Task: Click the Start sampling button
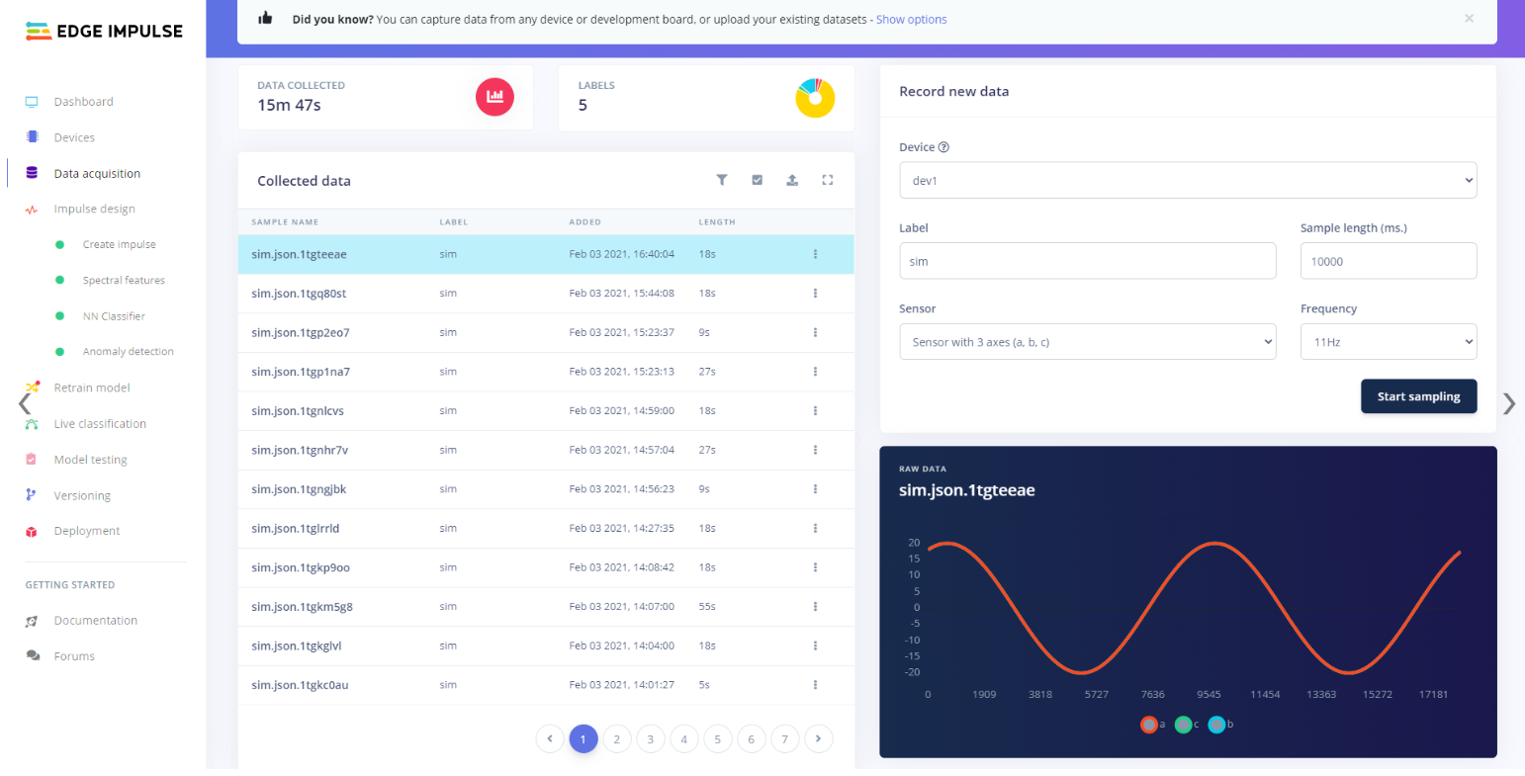(1418, 396)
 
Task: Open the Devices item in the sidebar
(74, 137)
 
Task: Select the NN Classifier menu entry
(114, 316)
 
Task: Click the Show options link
(911, 20)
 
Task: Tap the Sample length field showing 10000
(1388, 261)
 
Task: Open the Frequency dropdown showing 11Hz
(1388, 342)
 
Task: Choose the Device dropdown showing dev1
(1187, 181)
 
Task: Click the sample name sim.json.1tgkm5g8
(302, 607)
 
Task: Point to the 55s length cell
(707, 607)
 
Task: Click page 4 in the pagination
(683, 738)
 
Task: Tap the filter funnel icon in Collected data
(722, 180)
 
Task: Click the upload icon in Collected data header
(792, 180)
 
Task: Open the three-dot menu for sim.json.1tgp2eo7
(815, 332)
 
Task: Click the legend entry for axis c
(1185, 725)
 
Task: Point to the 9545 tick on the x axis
(1209, 694)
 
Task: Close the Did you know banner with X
(1469, 19)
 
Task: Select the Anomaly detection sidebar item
(128, 352)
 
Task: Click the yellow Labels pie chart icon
(815, 98)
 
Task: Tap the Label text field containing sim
(1087, 261)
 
